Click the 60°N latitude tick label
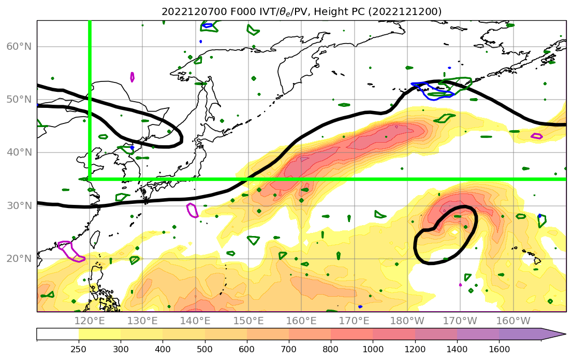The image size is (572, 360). pyautogui.click(x=19, y=47)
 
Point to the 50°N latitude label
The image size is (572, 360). pyautogui.click(x=19, y=100)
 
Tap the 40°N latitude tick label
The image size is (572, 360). pyautogui.click(x=19, y=153)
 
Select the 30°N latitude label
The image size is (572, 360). pyautogui.click(x=19, y=205)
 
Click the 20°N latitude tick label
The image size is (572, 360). pyautogui.click(x=19, y=258)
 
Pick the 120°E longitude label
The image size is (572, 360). pyautogui.click(x=90, y=321)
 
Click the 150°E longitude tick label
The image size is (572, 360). pyautogui.click(x=248, y=321)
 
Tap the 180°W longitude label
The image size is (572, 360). pyautogui.click(x=407, y=321)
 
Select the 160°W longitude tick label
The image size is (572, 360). pyautogui.click(x=513, y=321)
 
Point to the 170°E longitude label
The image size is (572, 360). pyautogui.click(x=355, y=321)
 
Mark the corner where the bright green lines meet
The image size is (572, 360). pyautogui.click(x=90, y=179)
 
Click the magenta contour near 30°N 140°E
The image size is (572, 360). pyautogui.click(x=192, y=210)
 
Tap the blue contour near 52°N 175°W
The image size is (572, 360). pyautogui.click(x=433, y=90)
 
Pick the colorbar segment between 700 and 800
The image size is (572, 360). pyautogui.click(x=310, y=334)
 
